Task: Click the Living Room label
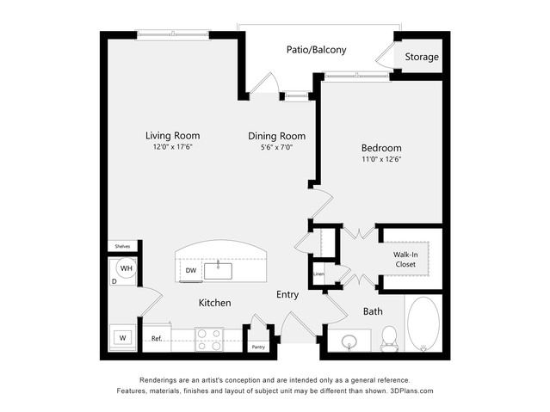173,135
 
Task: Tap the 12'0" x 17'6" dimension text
173,147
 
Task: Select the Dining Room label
277,136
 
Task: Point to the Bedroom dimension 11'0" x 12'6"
381,159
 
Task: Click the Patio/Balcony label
317,50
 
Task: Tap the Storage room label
422,57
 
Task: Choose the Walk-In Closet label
405,260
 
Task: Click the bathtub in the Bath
423,324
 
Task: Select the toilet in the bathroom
388,339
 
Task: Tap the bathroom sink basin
349,341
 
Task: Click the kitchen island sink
218,271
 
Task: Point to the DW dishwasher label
191,270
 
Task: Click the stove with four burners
209,340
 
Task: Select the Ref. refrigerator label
157,338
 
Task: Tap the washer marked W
122,338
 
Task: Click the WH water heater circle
127,268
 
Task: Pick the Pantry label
258,347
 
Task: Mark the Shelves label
122,247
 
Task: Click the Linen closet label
318,274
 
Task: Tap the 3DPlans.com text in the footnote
411,390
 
